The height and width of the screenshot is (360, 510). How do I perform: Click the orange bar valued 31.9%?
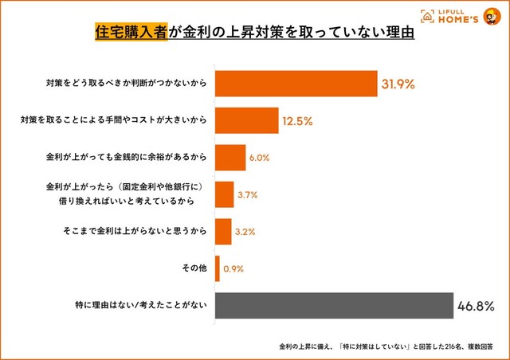click(x=296, y=84)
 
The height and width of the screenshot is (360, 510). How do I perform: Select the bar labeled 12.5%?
click(x=246, y=121)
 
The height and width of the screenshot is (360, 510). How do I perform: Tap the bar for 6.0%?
click(x=230, y=158)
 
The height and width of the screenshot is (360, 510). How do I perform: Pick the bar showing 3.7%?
click(x=224, y=194)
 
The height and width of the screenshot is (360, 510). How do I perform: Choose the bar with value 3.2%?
click(x=223, y=231)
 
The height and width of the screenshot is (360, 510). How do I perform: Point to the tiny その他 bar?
click(x=218, y=268)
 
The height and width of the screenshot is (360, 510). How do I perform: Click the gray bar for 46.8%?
click(x=335, y=305)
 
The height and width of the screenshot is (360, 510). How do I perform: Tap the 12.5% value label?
click(x=296, y=121)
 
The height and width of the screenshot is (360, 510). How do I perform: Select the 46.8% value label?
click(x=477, y=305)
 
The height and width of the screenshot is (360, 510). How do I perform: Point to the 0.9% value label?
click(x=233, y=268)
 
